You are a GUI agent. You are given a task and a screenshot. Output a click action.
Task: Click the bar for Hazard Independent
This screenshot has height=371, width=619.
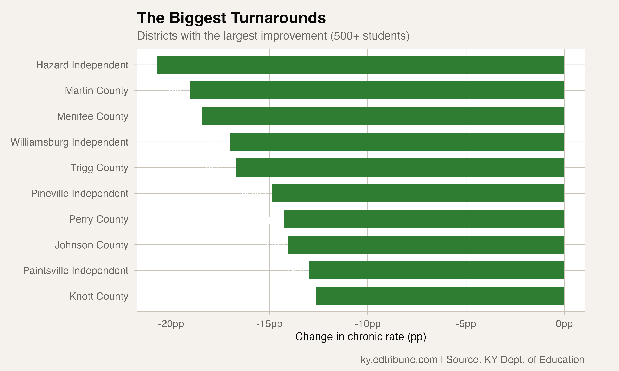(x=360, y=65)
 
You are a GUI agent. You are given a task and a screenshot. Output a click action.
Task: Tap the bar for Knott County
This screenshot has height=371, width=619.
(x=440, y=296)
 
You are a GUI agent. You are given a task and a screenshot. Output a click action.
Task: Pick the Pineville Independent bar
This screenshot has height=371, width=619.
(x=418, y=193)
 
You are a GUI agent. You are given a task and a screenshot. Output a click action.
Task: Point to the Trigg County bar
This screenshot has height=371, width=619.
(x=400, y=168)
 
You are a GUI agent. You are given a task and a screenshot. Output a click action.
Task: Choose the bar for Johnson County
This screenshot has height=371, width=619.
(x=426, y=245)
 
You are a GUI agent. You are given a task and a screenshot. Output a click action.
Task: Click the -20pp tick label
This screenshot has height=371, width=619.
(x=171, y=324)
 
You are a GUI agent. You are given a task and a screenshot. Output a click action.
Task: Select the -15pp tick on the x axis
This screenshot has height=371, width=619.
(x=269, y=324)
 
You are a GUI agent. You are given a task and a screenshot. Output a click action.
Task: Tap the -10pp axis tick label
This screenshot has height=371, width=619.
(x=367, y=324)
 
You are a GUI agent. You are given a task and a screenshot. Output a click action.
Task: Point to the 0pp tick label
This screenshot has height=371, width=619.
(x=564, y=324)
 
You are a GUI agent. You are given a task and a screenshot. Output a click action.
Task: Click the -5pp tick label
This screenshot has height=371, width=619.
(x=466, y=324)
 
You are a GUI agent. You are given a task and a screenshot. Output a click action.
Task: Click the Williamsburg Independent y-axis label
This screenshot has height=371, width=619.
(x=69, y=142)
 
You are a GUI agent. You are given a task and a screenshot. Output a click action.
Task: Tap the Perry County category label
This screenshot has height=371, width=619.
(x=98, y=219)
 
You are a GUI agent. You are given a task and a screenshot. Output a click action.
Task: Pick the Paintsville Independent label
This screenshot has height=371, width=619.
(x=75, y=270)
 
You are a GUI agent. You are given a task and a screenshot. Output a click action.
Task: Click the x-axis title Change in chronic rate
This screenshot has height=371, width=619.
(x=360, y=337)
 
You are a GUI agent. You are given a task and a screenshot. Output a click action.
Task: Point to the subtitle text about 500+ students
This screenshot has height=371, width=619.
(x=273, y=36)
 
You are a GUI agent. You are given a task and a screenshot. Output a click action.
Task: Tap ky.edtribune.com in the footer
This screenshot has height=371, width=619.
(x=399, y=359)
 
